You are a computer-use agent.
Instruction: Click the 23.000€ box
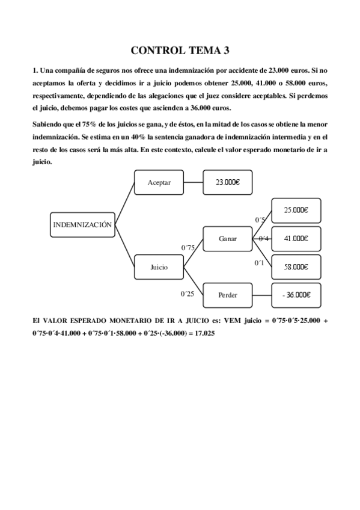tap(228, 182)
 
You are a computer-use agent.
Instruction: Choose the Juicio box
tap(159, 266)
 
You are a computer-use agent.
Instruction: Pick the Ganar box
tap(228, 239)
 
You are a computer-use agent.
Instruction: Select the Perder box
tap(228, 295)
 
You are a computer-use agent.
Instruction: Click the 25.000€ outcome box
tap(296, 210)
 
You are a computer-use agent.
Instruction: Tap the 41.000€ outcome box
tap(296, 239)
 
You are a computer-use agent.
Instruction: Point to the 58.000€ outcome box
tap(296, 266)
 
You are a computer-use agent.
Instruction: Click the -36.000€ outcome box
tap(296, 295)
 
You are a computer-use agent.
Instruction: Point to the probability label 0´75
tap(188, 247)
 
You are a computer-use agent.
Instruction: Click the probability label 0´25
tap(188, 293)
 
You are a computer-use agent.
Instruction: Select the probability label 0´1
tap(259, 263)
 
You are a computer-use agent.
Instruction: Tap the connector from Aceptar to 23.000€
tap(193, 182)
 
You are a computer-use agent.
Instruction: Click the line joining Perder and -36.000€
tap(262, 295)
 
